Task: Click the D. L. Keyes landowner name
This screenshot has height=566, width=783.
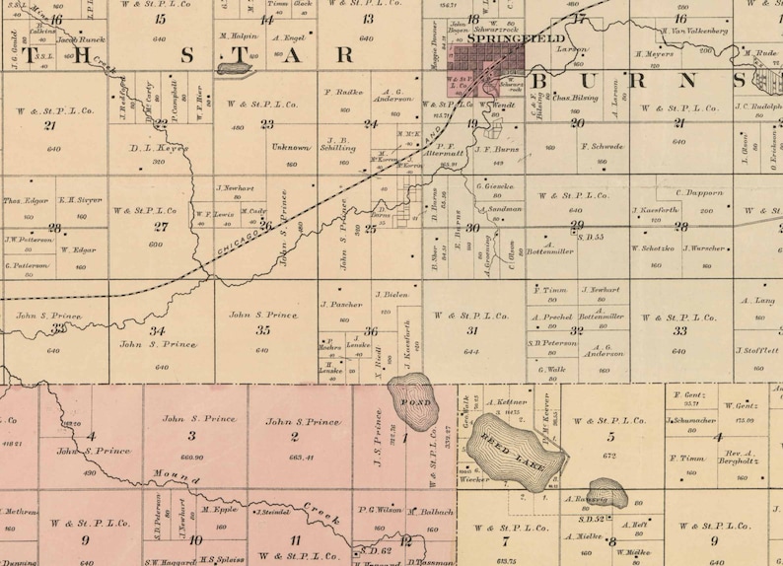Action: tap(159, 148)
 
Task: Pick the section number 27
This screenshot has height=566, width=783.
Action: tap(160, 227)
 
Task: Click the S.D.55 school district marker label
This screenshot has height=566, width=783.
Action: tap(591, 237)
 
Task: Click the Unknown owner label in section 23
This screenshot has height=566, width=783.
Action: tap(291, 147)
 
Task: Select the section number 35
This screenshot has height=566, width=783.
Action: tap(263, 330)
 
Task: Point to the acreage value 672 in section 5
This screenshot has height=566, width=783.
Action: tap(609, 456)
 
